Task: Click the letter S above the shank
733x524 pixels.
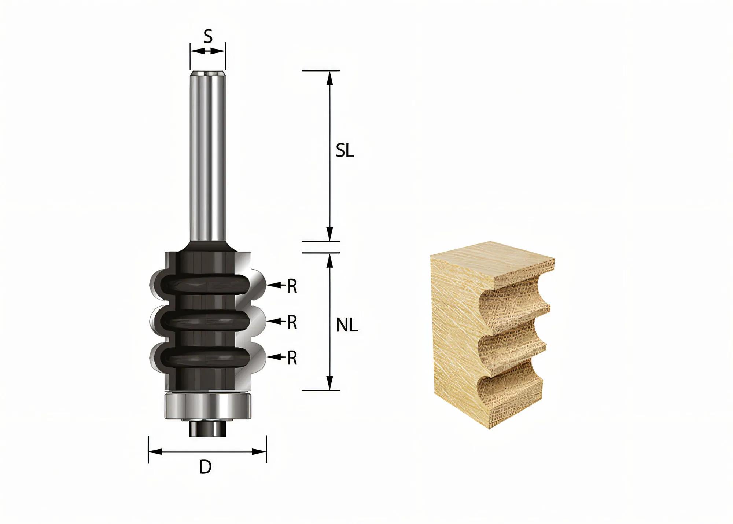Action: coord(208,37)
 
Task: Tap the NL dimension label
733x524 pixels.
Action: coord(347,325)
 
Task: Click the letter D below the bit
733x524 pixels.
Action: coord(206,467)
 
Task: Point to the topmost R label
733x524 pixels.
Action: coord(292,287)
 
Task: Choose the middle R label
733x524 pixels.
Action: coord(292,323)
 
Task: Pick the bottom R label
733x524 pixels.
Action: coord(292,358)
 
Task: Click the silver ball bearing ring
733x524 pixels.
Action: coord(207,407)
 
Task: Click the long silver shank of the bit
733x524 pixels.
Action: coord(207,154)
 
